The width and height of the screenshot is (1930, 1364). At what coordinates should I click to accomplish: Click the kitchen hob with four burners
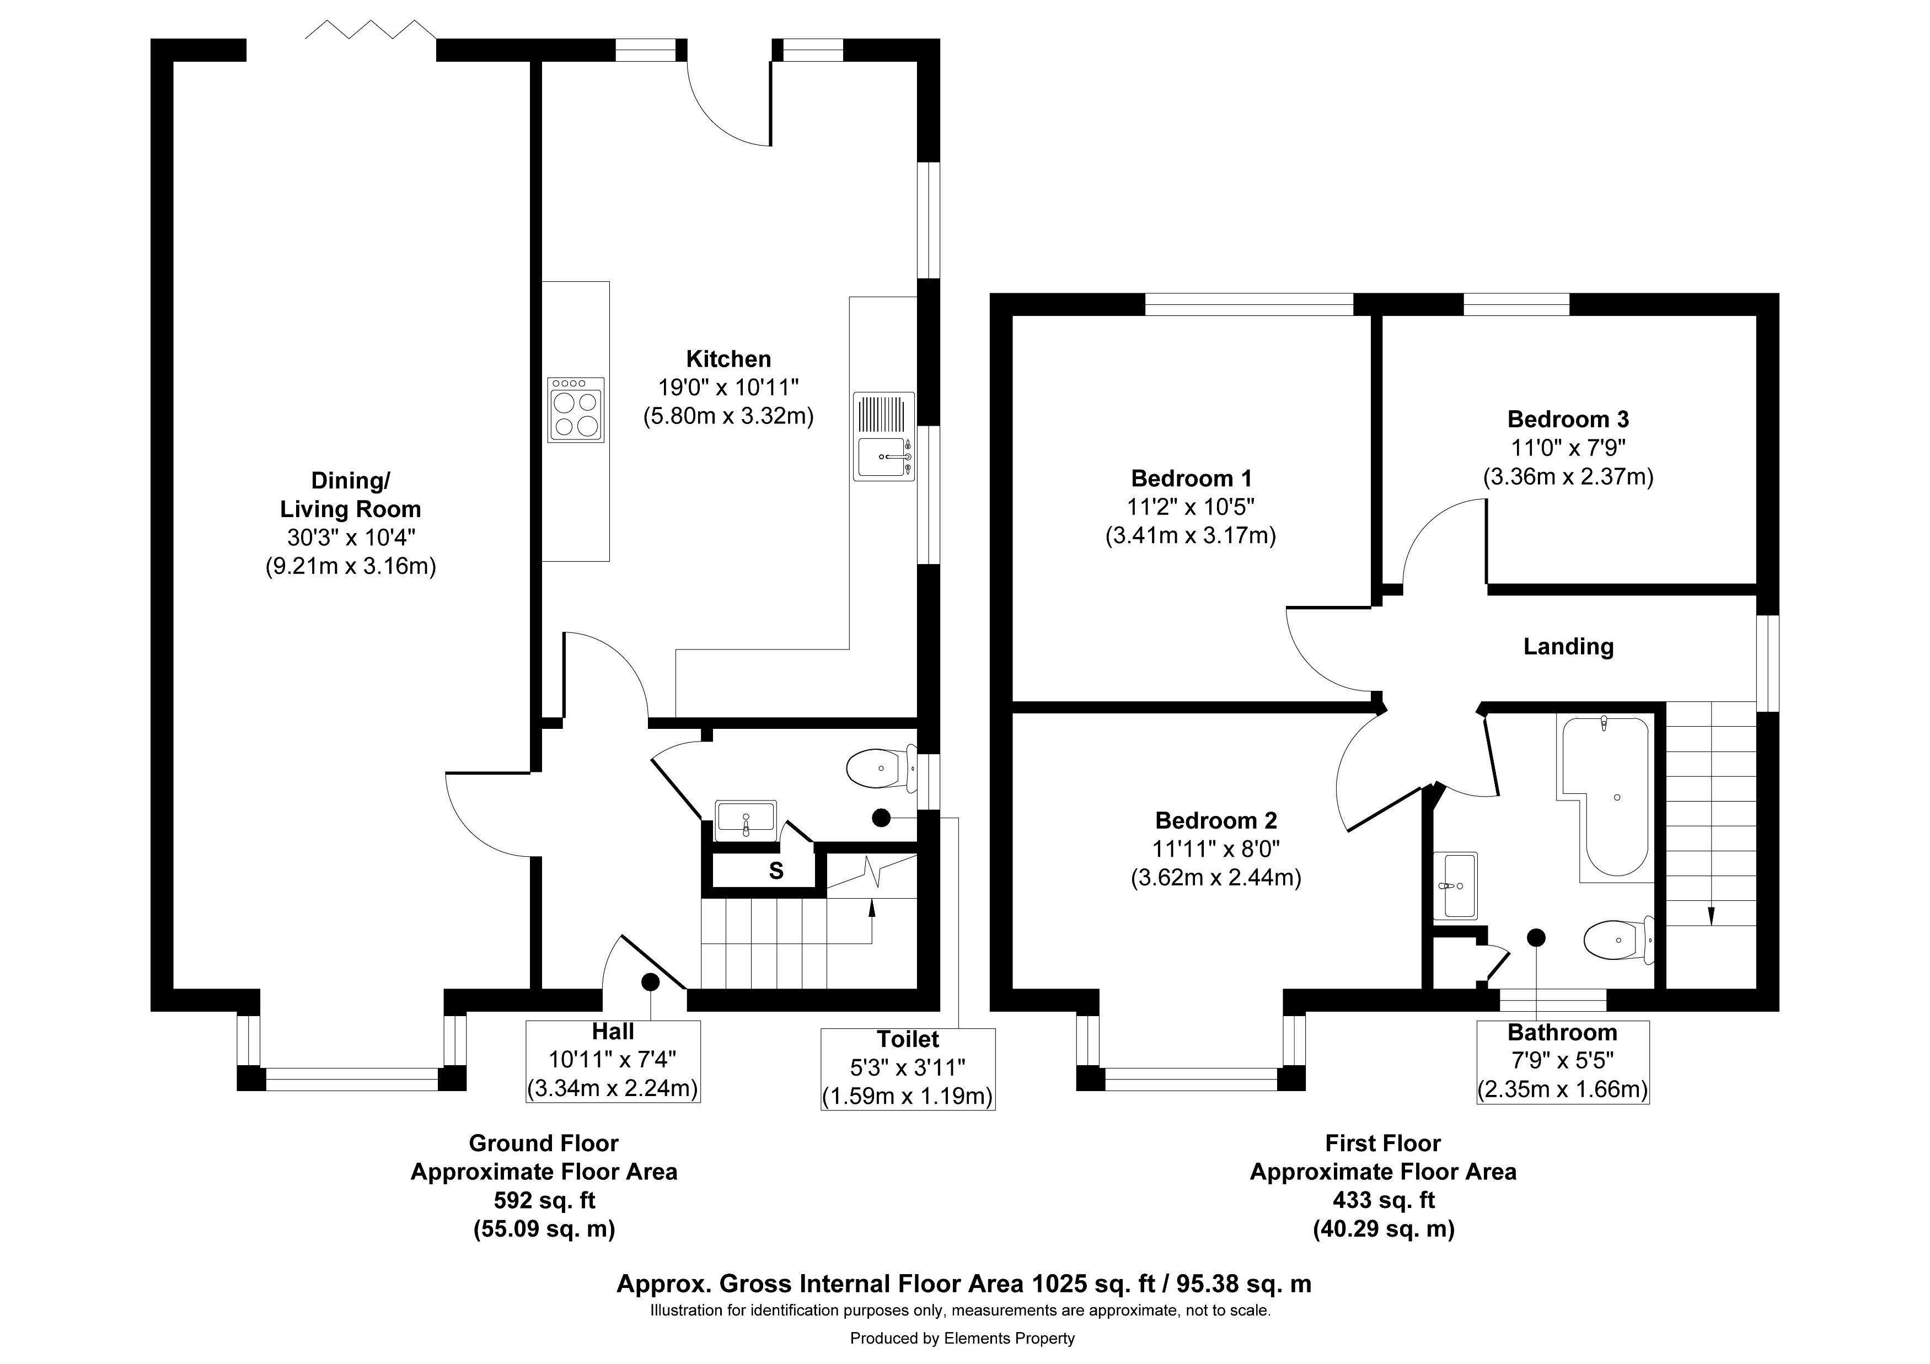click(576, 410)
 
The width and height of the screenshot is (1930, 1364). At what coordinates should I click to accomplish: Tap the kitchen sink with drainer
click(883, 436)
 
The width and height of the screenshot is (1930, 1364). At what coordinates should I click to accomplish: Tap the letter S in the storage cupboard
click(776, 871)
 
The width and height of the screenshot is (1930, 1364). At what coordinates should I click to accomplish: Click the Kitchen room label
click(728, 359)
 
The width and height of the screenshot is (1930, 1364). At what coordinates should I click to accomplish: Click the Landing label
click(1568, 646)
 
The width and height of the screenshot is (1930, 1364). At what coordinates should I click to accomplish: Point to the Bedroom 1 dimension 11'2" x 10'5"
click(1191, 507)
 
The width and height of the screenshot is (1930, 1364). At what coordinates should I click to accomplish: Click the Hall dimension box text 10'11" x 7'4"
click(613, 1060)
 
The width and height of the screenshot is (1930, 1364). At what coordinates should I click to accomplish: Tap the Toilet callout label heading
click(908, 1040)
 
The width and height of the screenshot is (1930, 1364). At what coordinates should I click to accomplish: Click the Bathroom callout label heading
click(1562, 1032)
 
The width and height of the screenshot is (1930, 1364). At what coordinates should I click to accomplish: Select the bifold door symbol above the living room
click(370, 31)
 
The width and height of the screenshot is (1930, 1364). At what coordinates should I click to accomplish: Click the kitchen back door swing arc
click(723, 114)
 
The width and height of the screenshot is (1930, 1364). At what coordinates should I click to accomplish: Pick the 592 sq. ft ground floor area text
click(544, 1200)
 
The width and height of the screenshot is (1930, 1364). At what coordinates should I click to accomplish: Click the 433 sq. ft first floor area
click(1383, 1200)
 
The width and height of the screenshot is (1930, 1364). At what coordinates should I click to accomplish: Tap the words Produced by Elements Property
click(962, 1338)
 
